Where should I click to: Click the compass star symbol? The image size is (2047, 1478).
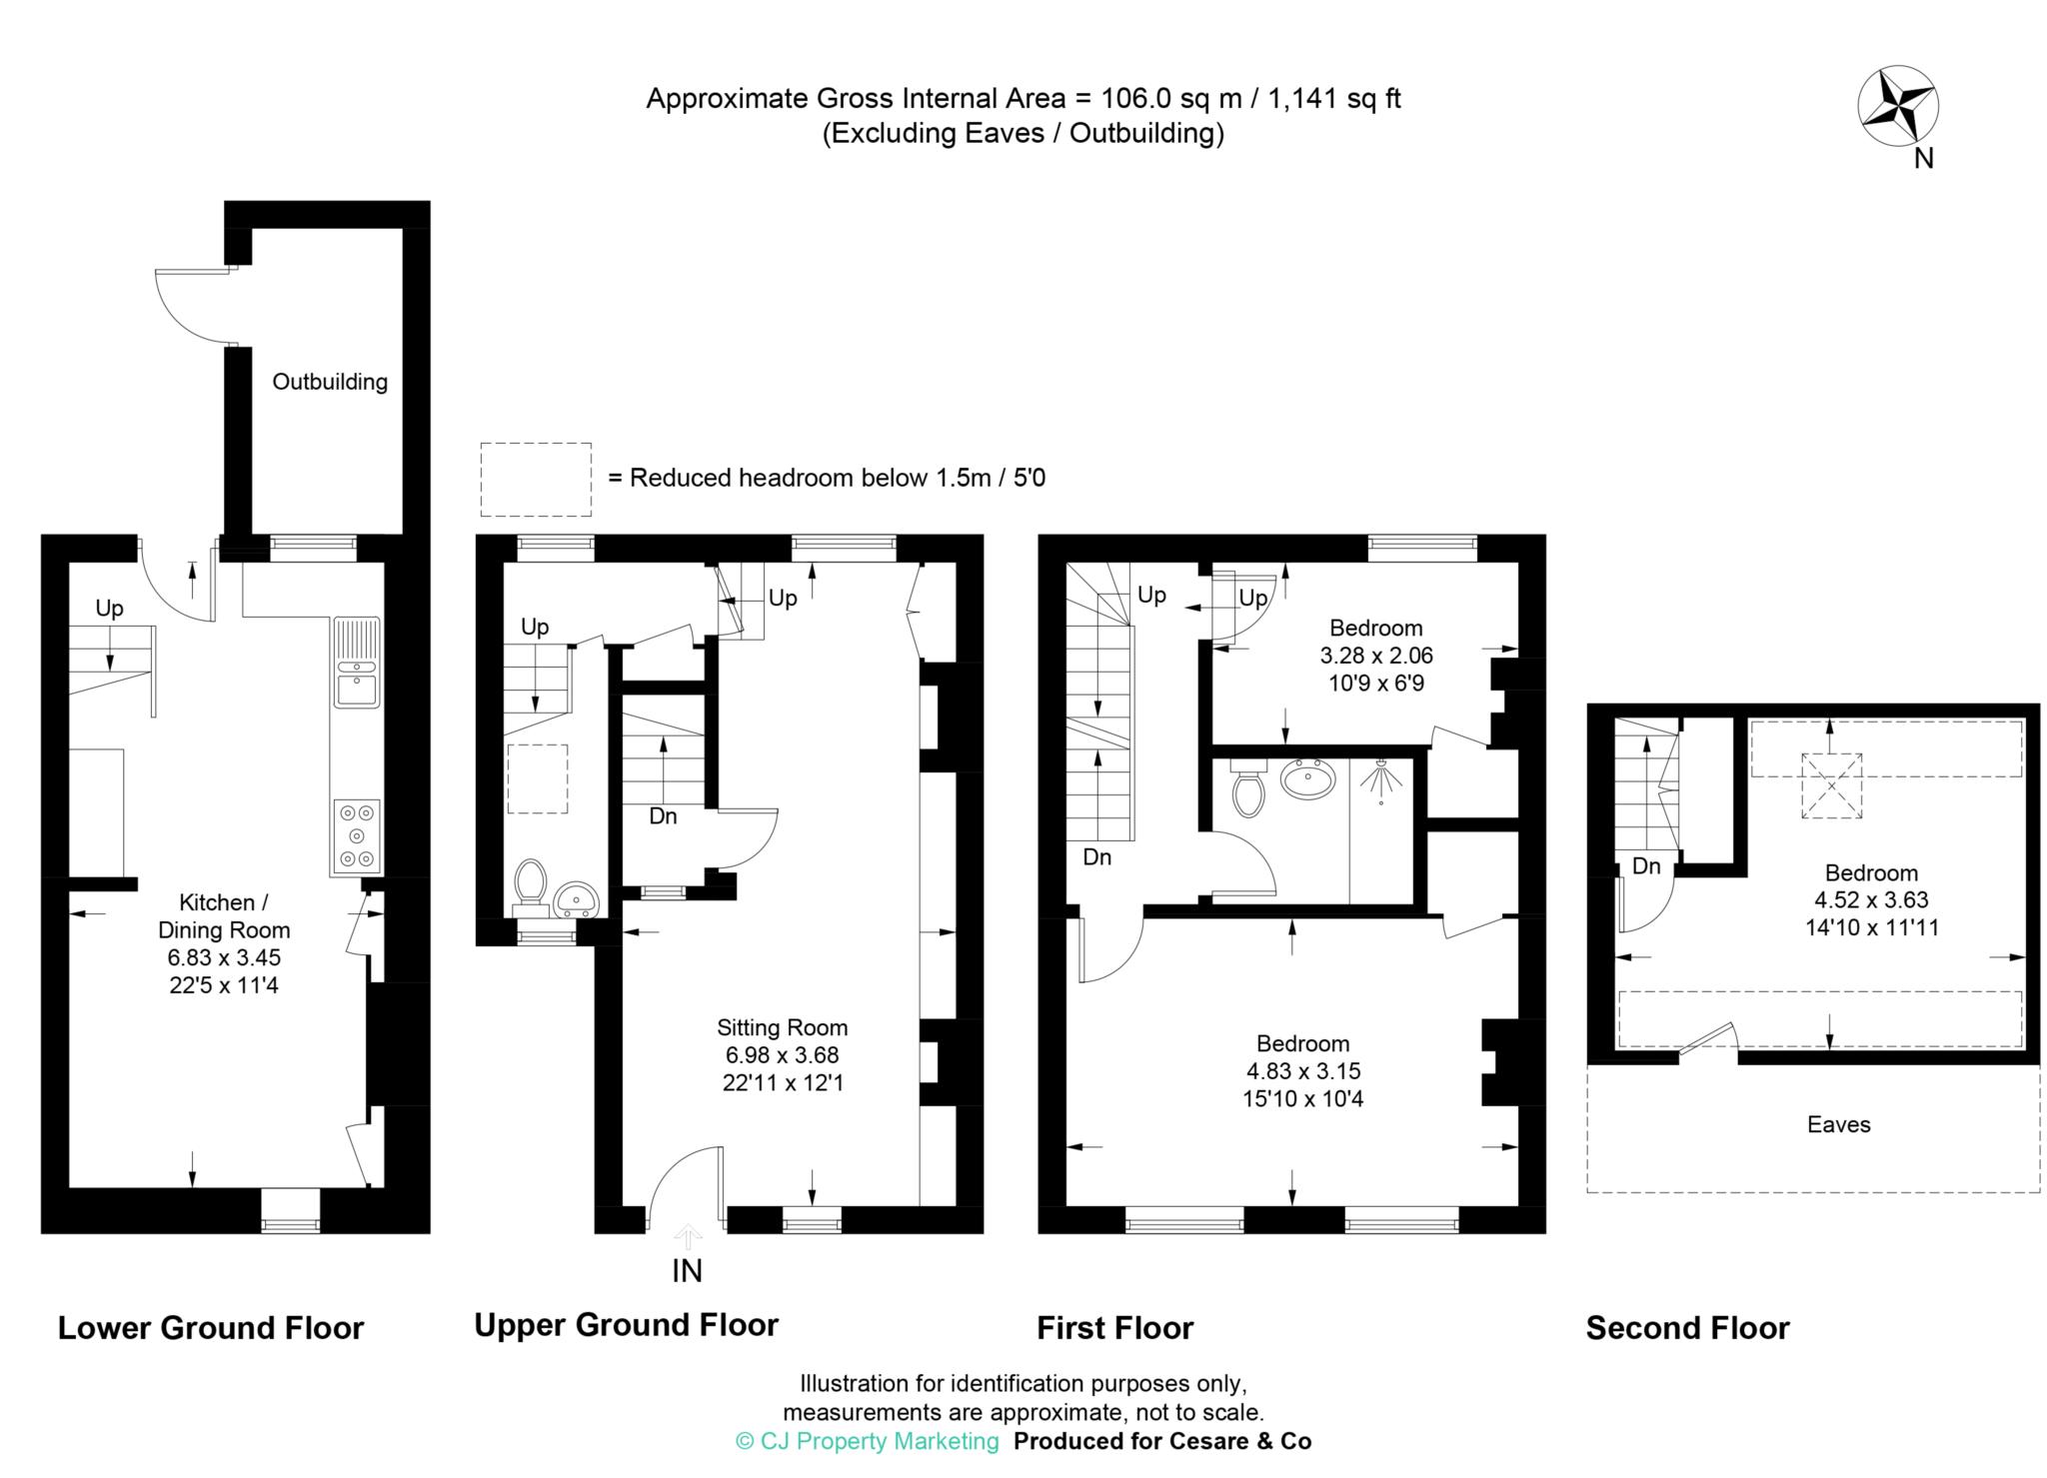click(x=1897, y=107)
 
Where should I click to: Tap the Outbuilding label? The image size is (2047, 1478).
click(x=330, y=382)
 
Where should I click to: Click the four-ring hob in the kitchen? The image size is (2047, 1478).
click(x=357, y=835)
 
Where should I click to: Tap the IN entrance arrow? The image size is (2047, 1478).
click(x=687, y=1238)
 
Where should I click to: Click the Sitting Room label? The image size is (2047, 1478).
click(x=782, y=1027)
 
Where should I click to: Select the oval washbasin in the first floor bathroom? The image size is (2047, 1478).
click(x=1307, y=778)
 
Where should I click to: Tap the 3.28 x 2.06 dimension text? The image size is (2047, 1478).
click(x=1376, y=657)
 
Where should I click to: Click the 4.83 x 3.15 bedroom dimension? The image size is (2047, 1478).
click(x=1302, y=1071)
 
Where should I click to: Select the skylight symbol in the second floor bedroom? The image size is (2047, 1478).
click(x=1831, y=785)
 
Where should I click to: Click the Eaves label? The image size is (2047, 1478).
click(x=1838, y=1125)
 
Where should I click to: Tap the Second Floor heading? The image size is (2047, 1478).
click(x=1687, y=1328)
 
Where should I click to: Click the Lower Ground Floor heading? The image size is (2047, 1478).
click(x=211, y=1328)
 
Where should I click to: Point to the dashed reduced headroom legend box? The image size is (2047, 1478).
click(x=536, y=480)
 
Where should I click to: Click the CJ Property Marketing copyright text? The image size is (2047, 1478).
click(x=867, y=1441)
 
